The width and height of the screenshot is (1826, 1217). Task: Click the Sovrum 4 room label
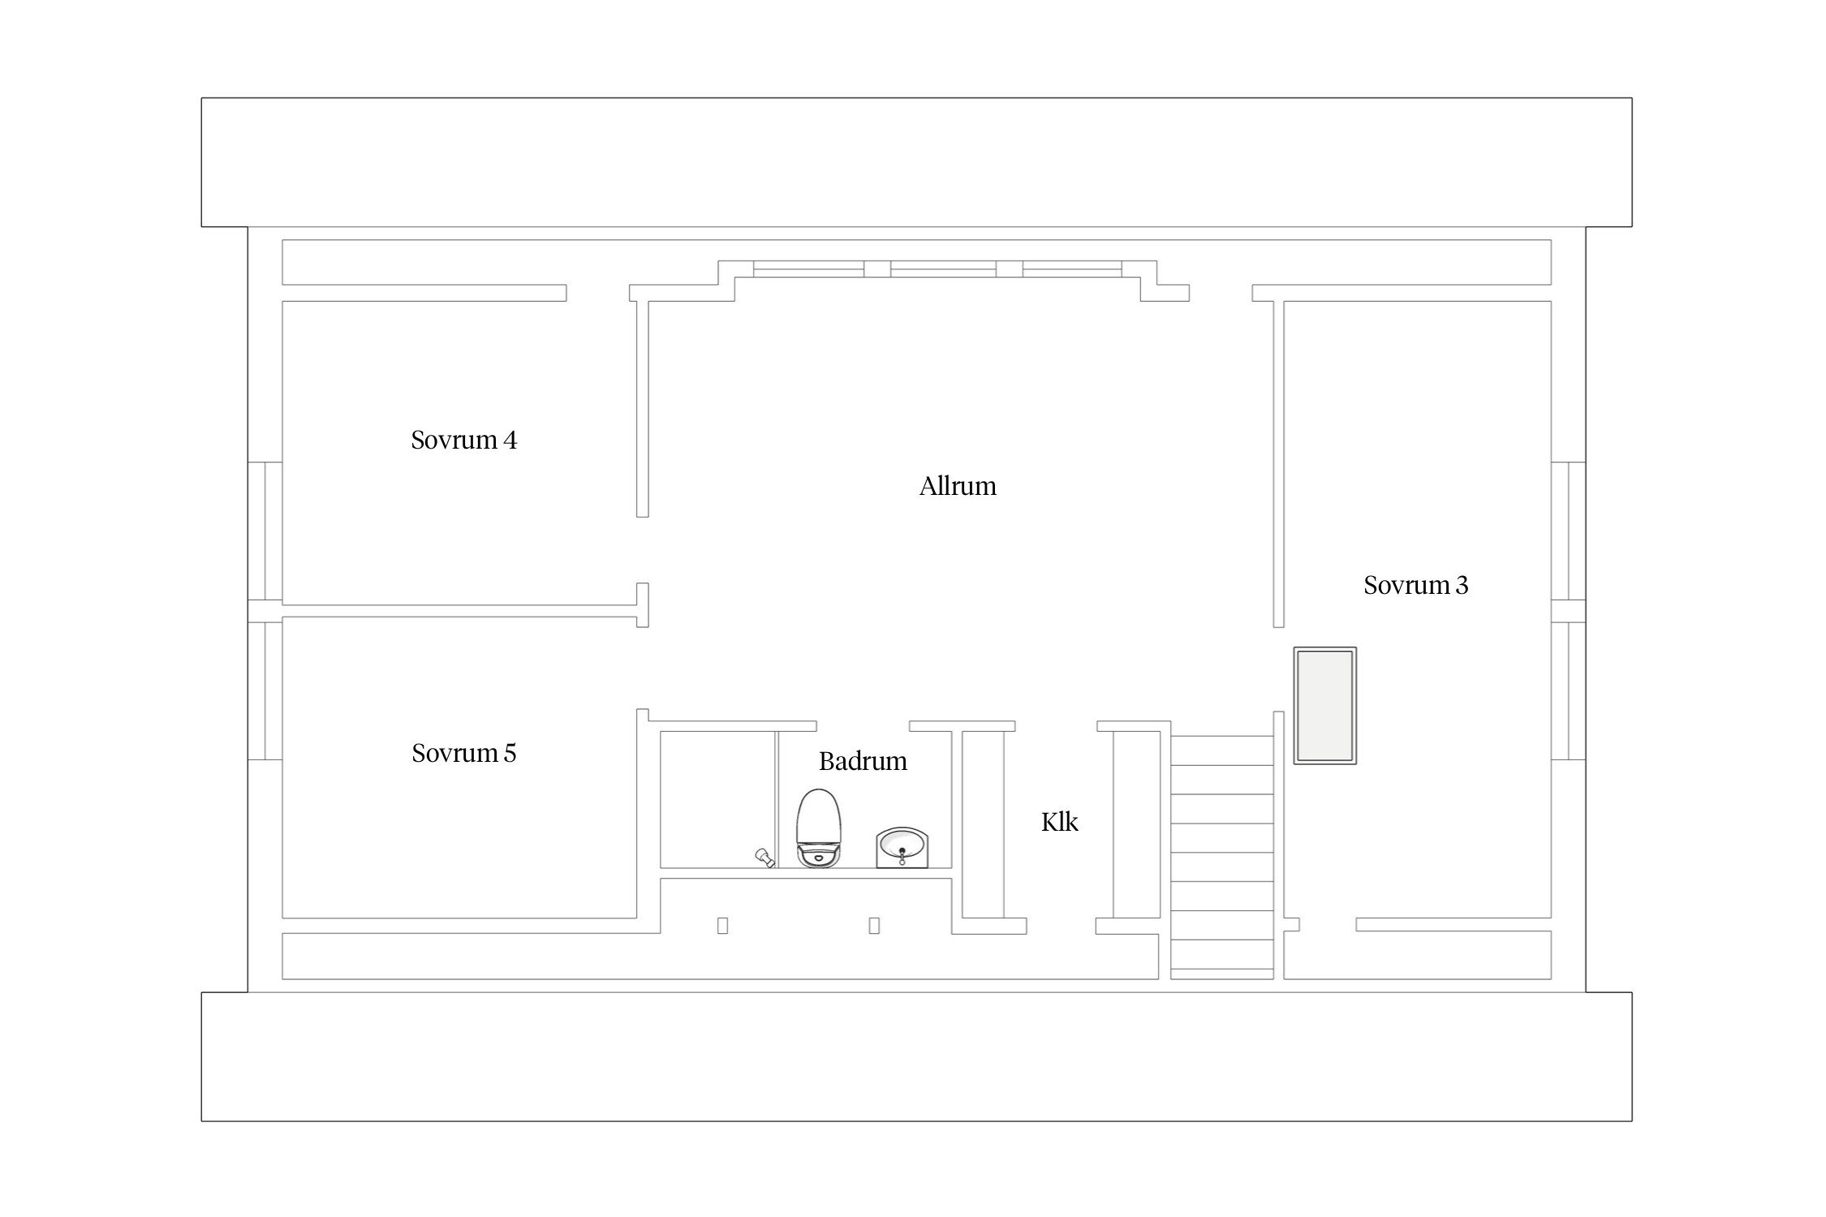463,440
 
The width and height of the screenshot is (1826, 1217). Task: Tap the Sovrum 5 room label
463,753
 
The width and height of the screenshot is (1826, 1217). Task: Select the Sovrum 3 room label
1415,585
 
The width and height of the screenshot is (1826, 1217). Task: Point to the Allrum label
958,486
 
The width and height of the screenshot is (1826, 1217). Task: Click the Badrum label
863,761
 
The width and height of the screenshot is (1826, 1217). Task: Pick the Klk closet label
1059,822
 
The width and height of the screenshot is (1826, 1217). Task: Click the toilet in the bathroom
819,828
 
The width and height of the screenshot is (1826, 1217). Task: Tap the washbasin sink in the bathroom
902,848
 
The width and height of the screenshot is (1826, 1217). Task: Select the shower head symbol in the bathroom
764,858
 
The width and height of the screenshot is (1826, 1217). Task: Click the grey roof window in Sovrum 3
1324,705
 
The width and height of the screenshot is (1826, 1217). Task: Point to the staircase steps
1221,852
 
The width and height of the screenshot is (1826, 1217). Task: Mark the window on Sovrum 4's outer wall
265,531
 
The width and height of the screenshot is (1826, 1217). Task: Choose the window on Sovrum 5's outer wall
265,690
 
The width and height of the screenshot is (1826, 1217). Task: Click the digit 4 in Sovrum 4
510,440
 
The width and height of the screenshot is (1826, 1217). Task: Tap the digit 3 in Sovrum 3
1462,585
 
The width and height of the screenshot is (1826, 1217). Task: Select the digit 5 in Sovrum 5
510,753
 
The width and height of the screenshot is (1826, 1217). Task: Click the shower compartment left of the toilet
718,800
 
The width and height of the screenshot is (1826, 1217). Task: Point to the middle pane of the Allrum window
943,269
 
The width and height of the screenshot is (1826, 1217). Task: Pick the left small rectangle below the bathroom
722,926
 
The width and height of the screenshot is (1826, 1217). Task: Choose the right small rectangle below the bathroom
874,926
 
